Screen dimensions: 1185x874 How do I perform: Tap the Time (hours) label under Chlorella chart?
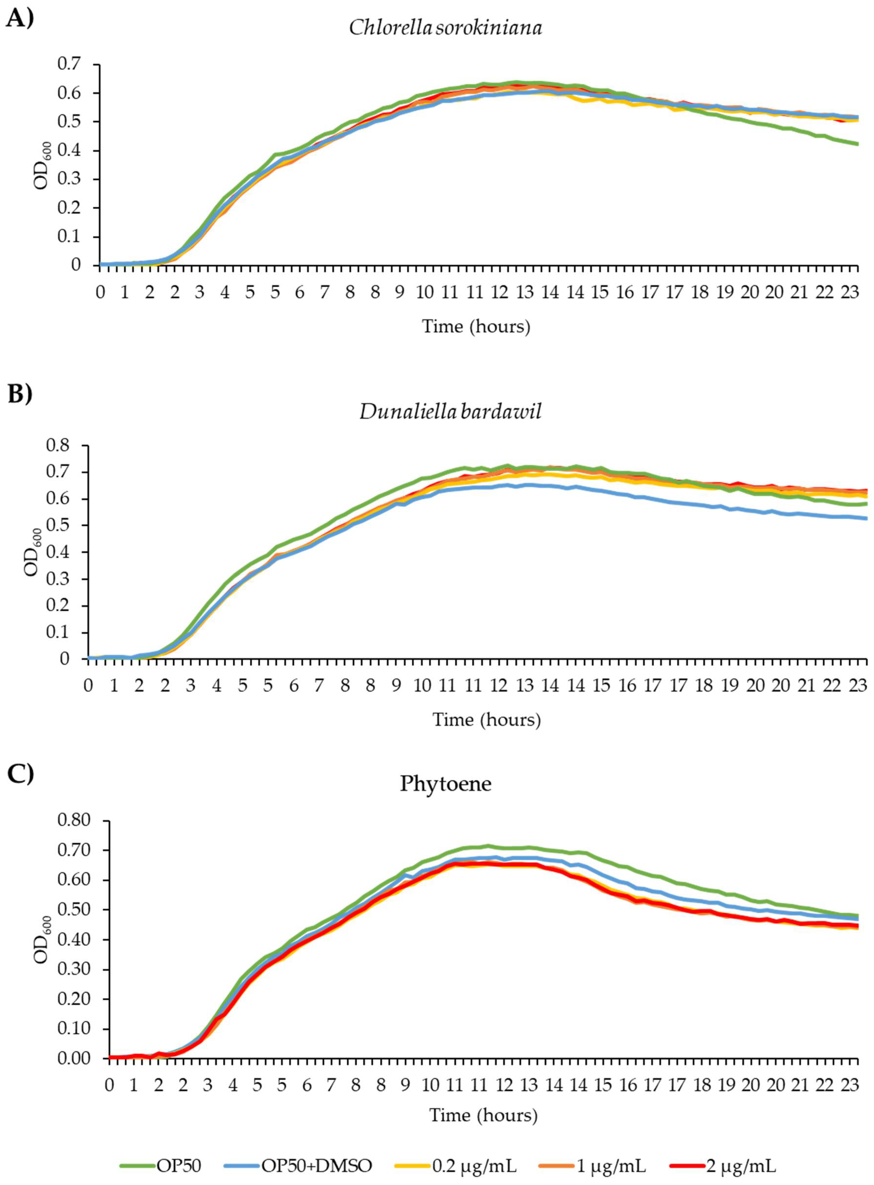(476, 327)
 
